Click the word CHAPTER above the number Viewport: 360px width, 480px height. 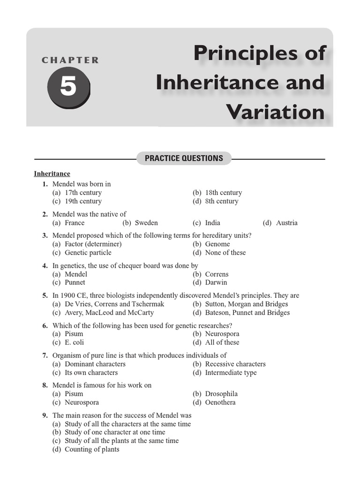click(x=70, y=60)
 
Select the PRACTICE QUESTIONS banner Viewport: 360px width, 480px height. click(x=184, y=158)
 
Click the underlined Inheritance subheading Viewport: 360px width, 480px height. click(x=52, y=174)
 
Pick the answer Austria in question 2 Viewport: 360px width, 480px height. click(x=286, y=223)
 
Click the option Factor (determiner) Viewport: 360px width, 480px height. click(x=93, y=244)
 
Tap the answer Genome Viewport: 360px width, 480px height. click(x=217, y=244)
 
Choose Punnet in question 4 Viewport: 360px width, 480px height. click(x=75, y=283)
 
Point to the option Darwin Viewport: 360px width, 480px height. click(x=216, y=283)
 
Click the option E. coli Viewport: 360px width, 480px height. click(x=75, y=342)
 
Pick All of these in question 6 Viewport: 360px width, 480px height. click(x=222, y=342)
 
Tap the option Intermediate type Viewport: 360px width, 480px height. click(x=231, y=373)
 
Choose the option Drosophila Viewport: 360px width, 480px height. click(x=221, y=394)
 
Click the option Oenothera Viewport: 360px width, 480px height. click(x=220, y=402)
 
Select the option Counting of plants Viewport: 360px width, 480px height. click(x=92, y=449)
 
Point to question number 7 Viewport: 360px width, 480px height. click(x=45, y=355)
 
